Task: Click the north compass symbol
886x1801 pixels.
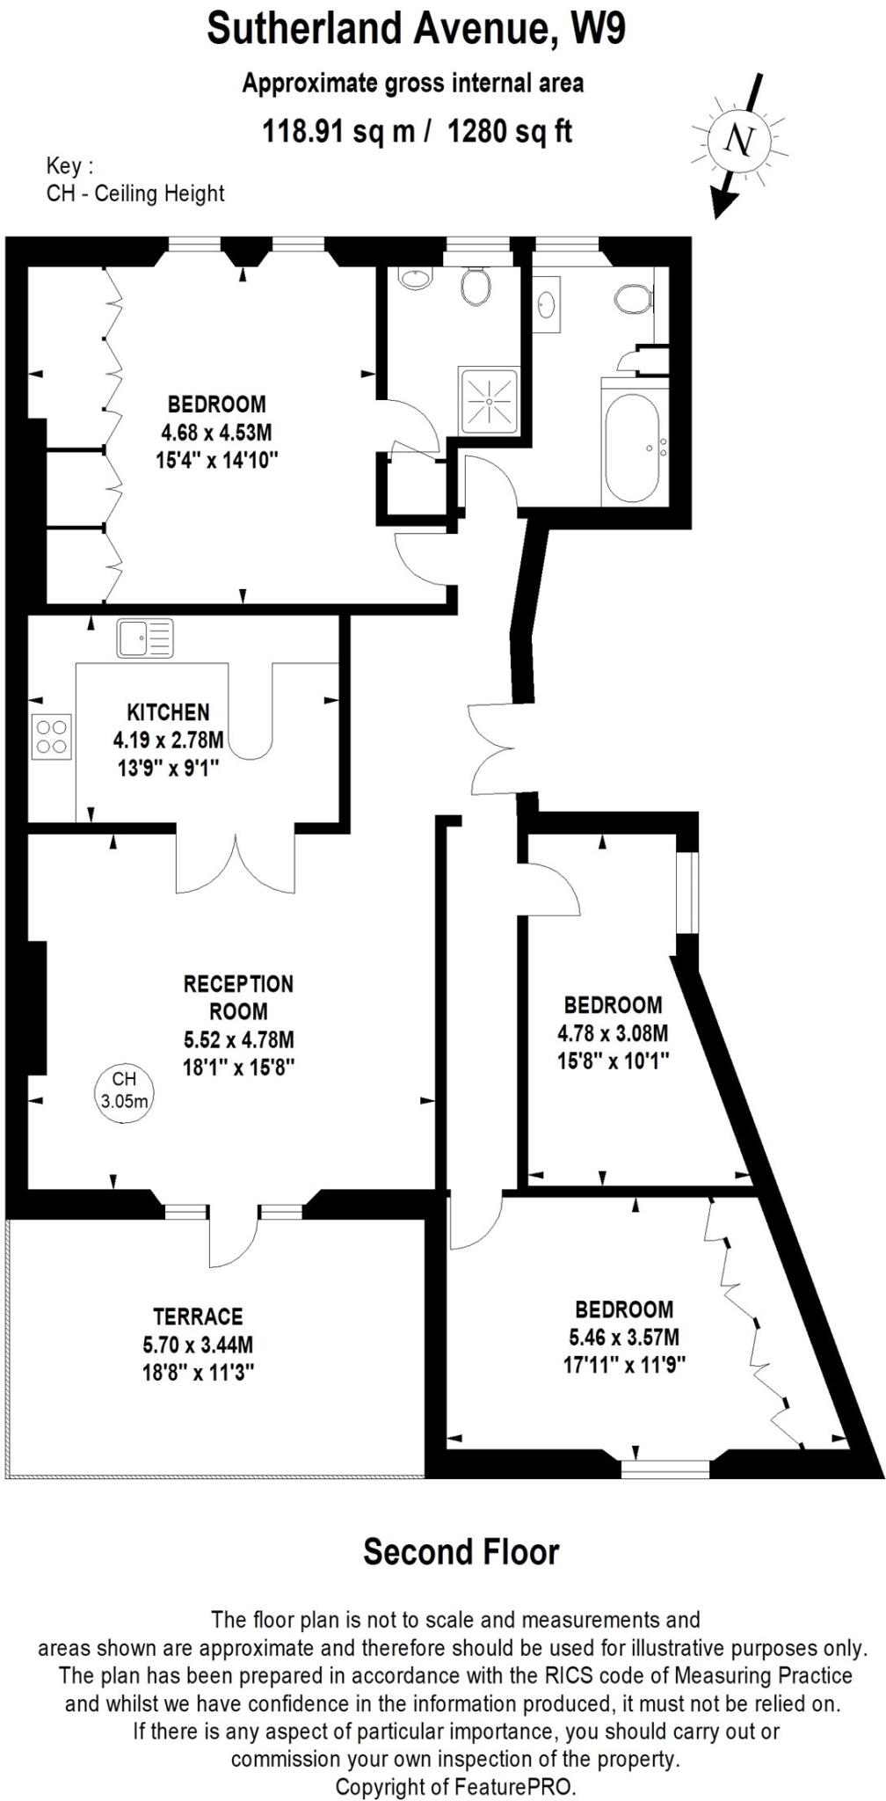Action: click(741, 141)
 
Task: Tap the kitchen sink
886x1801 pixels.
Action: click(145, 638)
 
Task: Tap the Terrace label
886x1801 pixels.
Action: click(198, 1316)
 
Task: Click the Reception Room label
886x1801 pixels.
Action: click(238, 997)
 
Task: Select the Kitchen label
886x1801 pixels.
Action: click(168, 711)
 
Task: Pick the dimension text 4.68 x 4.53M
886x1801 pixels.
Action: click(216, 432)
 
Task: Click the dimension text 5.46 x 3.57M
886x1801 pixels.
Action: click(624, 1337)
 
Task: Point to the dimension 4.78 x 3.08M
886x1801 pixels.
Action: click(613, 1032)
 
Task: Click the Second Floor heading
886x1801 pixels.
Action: click(461, 1551)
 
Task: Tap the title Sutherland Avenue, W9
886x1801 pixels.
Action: click(416, 29)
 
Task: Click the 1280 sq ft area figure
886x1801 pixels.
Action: click(510, 132)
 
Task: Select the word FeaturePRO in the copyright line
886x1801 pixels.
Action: click(513, 1786)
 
